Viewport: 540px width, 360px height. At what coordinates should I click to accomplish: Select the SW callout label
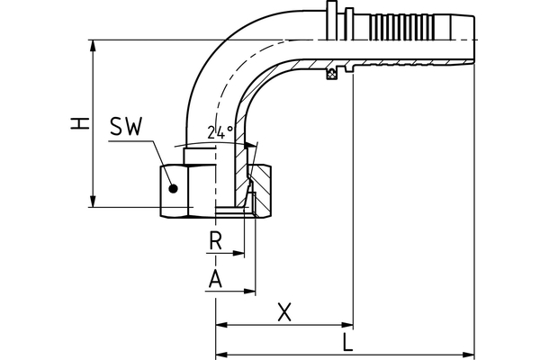tap(126, 127)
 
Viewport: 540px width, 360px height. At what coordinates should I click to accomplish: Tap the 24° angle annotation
tap(220, 131)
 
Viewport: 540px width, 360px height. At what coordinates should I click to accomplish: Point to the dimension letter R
tap(215, 240)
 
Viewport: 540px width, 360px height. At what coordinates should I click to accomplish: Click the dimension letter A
tap(215, 279)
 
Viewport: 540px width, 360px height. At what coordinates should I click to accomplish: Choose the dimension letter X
tap(284, 312)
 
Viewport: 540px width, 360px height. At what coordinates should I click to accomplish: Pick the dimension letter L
tap(347, 342)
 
